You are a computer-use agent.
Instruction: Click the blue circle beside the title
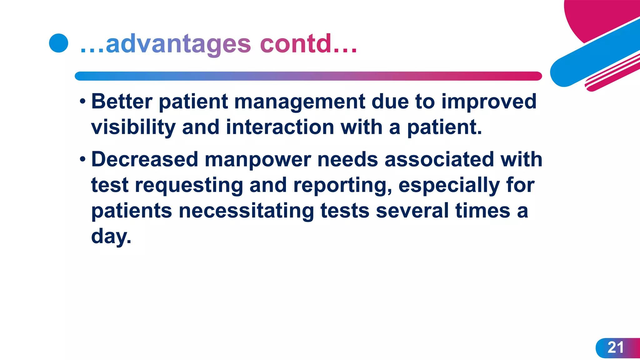[58, 43]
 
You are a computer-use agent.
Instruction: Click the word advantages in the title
[178, 44]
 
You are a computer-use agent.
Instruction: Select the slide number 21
[615, 347]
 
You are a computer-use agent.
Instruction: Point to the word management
[299, 102]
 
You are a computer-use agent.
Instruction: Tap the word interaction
[280, 127]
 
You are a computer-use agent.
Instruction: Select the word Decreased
[145, 159]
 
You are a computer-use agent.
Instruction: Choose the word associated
[439, 159]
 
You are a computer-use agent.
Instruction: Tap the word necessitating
[246, 211]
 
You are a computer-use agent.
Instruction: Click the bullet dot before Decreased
[82, 159]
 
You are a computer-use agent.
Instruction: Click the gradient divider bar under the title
[308, 76]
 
